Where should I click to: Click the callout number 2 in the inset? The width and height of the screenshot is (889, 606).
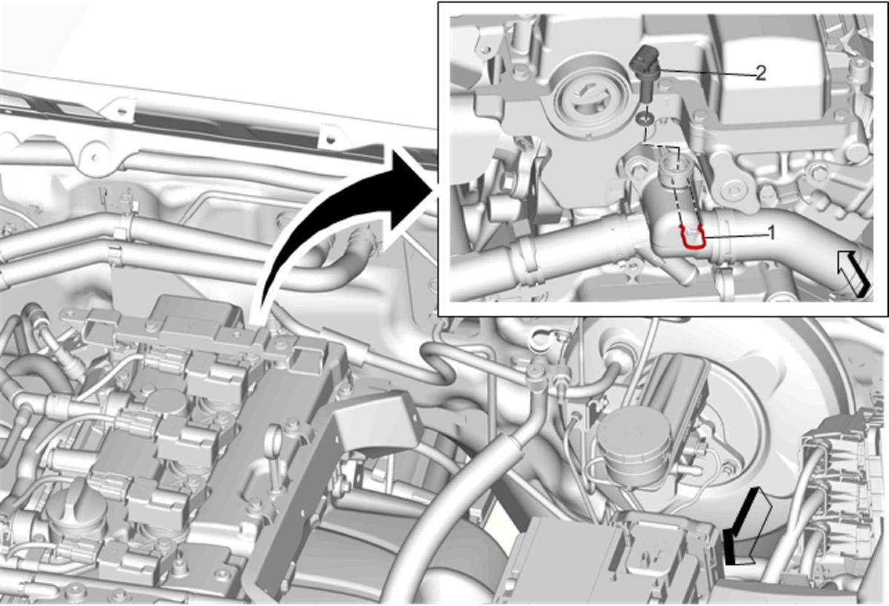(760, 73)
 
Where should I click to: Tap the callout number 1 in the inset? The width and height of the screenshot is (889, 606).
(771, 232)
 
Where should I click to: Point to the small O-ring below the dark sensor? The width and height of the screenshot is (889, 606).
(644, 119)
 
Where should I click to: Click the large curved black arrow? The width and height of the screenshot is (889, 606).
(340, 227)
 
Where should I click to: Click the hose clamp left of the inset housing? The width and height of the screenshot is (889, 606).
(526, 260)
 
